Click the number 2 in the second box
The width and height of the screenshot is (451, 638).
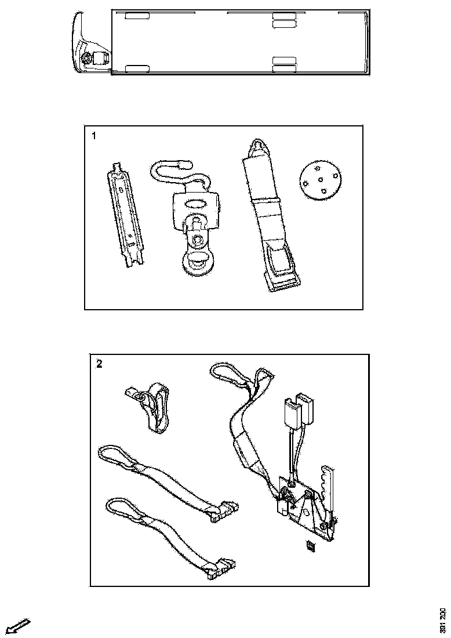pyautogui.click(x=99, y=364)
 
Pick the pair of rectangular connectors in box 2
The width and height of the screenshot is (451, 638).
pyautogui.click(x=297, y=411)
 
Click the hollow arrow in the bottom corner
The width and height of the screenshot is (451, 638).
pyautogui.click(x=17, y=626)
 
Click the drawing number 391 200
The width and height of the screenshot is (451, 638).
pyautogui.click(x=443, y=620)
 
